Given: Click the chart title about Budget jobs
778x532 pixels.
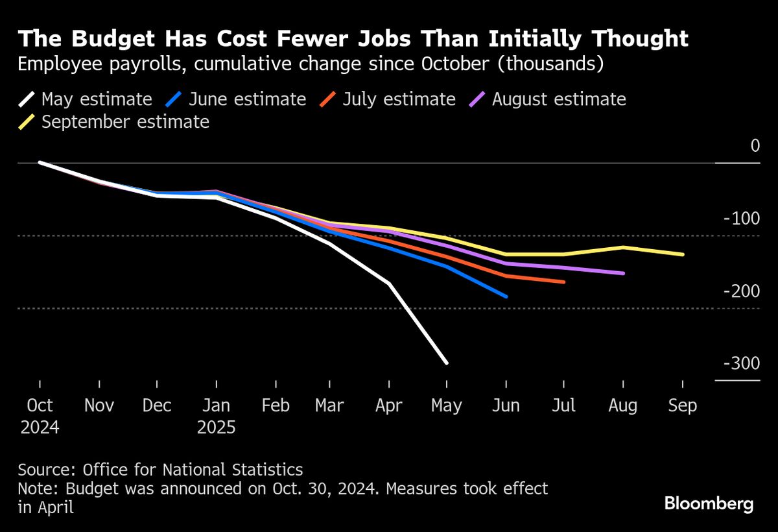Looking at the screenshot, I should coord(353,40).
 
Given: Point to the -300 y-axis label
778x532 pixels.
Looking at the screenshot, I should coord(742,364).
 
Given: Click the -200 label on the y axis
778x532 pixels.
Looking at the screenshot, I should coord(742,291).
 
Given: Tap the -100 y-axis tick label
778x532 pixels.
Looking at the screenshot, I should coord(742,219).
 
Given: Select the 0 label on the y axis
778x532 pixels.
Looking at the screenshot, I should coord(755,146).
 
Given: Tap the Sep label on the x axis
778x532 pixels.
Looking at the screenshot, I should coord(683,406).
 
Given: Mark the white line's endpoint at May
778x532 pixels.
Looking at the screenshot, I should coord(447,363).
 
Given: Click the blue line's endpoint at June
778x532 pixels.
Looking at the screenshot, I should coord(506,296).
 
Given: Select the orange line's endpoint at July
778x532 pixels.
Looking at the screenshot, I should coord(564,282).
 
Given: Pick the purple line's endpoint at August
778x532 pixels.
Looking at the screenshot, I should coord(623,273).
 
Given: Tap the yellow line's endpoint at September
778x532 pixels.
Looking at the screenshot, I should coord(683,254).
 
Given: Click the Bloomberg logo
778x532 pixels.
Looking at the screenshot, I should coord(709,503).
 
